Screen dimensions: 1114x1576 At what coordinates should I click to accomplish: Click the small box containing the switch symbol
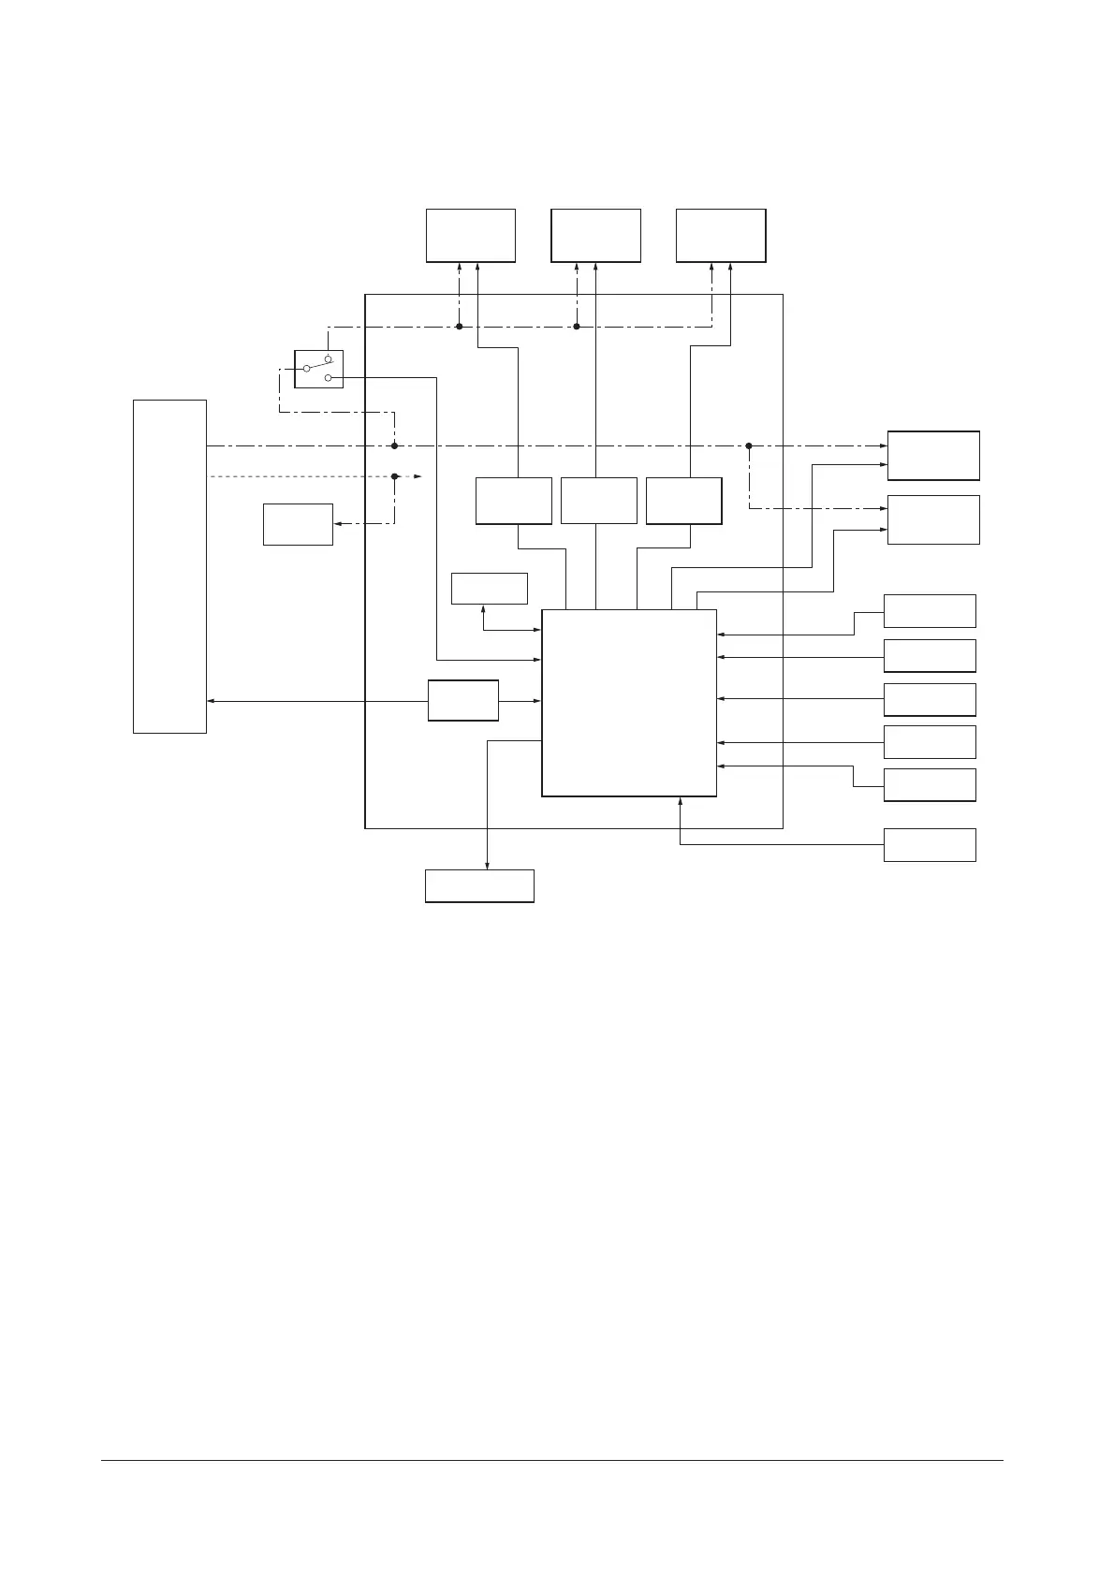[318, 369]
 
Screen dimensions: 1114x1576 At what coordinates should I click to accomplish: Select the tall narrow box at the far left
[169, 565]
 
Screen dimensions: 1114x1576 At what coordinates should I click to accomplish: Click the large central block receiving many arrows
[629, 703]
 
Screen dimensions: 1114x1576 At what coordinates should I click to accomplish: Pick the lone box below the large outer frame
[479, 885]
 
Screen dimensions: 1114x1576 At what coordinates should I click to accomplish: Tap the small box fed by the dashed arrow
[298, 524]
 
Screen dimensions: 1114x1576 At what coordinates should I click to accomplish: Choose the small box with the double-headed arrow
[489, 589]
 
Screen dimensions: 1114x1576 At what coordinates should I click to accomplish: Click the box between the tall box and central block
[462, 700]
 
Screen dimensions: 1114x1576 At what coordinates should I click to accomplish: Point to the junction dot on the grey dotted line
[395, 476]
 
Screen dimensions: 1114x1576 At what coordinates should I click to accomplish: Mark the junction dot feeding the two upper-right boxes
[749, 445]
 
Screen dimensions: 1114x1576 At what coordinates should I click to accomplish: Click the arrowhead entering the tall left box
[210, 701]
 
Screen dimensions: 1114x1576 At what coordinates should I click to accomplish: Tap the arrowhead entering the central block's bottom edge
[680, 801]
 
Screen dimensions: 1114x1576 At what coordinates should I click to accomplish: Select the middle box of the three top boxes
[595, 235]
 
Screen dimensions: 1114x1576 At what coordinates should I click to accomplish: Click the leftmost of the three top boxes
[470, 235]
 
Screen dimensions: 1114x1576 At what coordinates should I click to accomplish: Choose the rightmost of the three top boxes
[721, 235]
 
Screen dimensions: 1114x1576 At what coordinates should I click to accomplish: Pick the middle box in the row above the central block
[598, 501]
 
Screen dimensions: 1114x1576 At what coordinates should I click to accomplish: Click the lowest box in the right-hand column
[930, 844]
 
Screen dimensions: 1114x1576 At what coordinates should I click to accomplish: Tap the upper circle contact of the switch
[328, 359]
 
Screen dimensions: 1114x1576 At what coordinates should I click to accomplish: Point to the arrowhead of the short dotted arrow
[418, 476]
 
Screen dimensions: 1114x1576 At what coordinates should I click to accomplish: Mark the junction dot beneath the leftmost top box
[460, 326]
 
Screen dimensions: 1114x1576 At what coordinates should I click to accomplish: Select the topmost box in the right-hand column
[933, 455]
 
